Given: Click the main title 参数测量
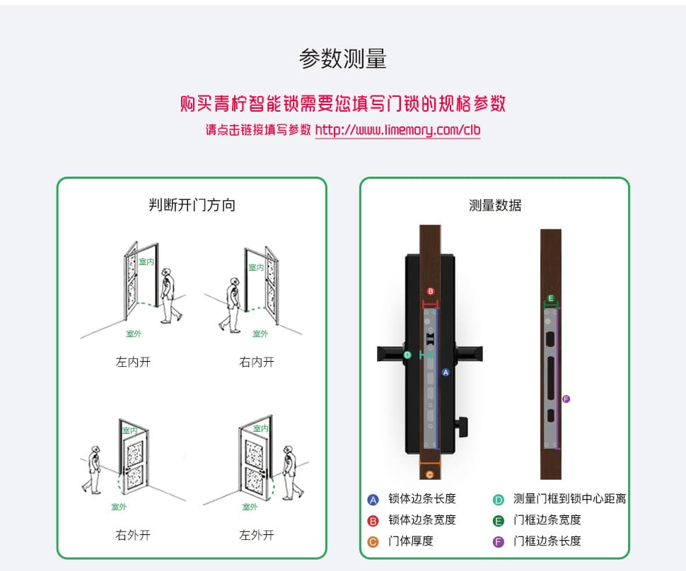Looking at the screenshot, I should (343, 59).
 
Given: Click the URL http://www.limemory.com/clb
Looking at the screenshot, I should (397, 130).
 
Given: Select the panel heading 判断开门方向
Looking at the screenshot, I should (192, 206).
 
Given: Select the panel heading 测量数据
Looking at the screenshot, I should (495, 206).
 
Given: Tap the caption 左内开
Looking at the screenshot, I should (133, 363).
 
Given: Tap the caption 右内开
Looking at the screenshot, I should (256, 363).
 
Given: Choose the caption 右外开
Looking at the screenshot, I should (133, 535).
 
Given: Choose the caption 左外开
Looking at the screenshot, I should (256, 535).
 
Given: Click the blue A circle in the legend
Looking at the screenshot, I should (373, 500).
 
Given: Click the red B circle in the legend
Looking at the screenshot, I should (373, 521).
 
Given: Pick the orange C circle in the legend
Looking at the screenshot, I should (373, 542).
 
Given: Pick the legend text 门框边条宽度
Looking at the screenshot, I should (547, 520).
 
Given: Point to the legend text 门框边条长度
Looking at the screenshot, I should (547, 541).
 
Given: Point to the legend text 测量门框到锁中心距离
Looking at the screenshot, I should (569, 499).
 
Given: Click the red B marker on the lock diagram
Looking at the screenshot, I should (430, 291).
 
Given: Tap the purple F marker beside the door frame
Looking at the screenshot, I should (566, 399).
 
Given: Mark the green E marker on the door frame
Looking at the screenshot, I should (551, 298).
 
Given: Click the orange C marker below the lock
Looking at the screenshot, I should (429, 474).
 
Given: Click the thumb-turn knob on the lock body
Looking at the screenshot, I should (463, 425).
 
